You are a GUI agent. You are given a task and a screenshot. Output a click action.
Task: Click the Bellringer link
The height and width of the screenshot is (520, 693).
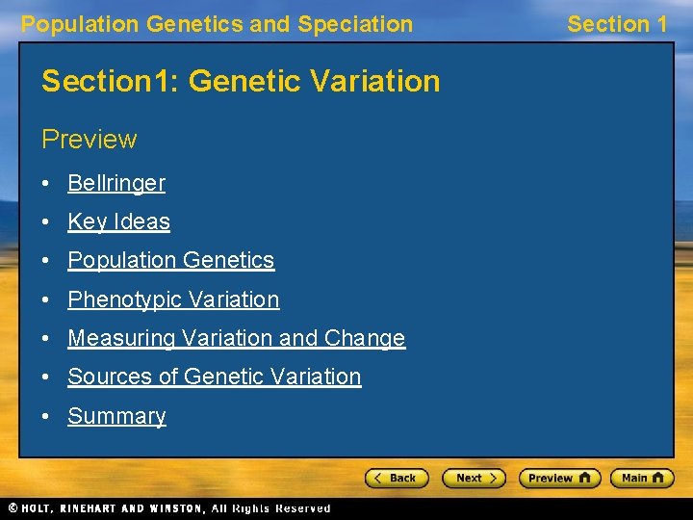click(x=115, y=183)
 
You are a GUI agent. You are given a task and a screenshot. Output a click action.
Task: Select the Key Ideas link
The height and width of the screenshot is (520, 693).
click(x=118, y=221)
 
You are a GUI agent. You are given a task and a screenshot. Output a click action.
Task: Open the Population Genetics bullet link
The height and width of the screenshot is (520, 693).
click(x=170, y=261)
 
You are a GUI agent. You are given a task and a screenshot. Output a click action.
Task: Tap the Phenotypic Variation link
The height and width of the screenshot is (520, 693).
click(x=173, y=299)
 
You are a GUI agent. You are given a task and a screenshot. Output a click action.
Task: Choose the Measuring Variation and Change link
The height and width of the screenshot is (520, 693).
click(x=236, y=338)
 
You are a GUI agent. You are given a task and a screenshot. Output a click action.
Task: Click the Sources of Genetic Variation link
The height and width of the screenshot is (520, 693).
click(x=214, y=377)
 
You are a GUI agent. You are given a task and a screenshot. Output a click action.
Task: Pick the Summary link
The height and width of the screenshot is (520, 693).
click(x=116, y=416)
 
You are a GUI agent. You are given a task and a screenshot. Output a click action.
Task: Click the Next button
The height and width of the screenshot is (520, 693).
click(x=474, y=478)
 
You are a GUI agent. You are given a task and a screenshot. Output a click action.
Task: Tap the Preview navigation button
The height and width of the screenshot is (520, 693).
click(x=559, y=478)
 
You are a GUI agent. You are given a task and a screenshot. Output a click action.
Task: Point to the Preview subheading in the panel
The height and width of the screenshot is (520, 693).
click(x=90, y=140)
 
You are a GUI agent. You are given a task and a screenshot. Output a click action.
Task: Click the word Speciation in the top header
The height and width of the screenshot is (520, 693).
click(x=355, y=24)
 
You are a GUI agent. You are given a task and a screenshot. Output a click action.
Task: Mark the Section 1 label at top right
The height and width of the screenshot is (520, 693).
click(x=617, y=24)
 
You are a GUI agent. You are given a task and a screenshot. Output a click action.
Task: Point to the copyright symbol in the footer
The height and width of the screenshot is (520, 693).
click(x=12, y=508)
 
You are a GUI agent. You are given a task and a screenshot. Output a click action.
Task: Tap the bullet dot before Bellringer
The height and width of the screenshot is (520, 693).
click(x=47, y=184)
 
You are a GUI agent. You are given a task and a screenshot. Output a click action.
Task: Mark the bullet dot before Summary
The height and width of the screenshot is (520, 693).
click(x=47, y=417)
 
